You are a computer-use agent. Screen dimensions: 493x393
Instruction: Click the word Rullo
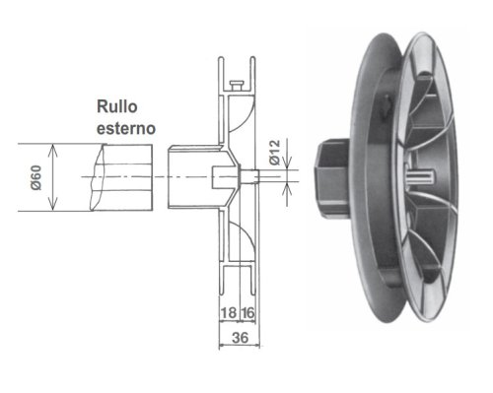tap(117, 107)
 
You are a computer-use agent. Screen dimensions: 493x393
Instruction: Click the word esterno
tap(126, 128)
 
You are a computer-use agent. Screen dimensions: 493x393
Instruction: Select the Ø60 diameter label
tap(36, 177)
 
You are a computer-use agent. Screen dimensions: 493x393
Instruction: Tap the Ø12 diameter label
tap(274, 152)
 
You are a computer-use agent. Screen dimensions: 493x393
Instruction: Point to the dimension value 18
tap(229, 313)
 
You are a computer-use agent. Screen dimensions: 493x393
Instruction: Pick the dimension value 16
tap(247, 313)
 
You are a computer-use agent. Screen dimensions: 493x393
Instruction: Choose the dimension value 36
tap(240, 338)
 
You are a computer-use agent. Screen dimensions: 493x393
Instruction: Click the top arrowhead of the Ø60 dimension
tap(52, 150)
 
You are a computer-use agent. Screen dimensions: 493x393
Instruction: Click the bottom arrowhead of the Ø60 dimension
tap(52, 205)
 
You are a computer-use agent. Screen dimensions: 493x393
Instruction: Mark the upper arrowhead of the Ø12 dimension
tap(287, 164)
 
